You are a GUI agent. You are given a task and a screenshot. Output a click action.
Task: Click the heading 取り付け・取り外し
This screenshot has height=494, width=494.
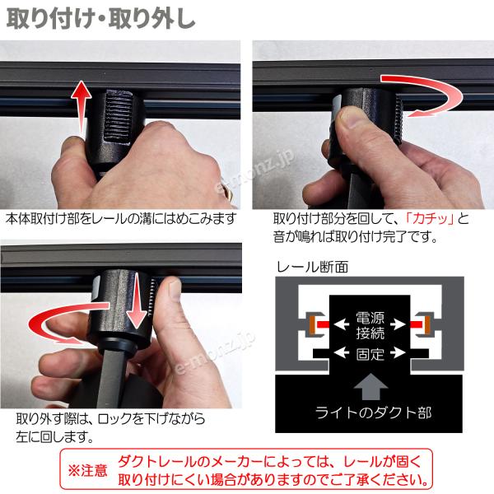pyautogui.click(x=100, y=20)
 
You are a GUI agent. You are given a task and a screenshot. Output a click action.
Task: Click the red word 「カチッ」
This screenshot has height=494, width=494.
pyautogui.click(x=430, y=218)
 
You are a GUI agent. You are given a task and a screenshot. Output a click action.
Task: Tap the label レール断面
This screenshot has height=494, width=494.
pyautogui.click(x=312, y=267)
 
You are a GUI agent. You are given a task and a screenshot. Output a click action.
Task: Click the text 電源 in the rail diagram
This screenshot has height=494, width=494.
pyautogui.click(x=370, y=318)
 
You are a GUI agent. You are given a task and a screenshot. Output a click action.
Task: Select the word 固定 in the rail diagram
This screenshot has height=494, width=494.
pyautogui.click(x=370, y=354)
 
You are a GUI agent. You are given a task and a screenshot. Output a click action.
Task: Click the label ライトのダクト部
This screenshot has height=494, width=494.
pyautogui.click(x=373, y=412)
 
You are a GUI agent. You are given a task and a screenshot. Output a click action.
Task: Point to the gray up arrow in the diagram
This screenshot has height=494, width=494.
pyautogui.click(x=370, y=386)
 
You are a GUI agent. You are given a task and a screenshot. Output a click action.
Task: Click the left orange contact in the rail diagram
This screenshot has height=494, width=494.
pyautogui.click(x=312, y=324)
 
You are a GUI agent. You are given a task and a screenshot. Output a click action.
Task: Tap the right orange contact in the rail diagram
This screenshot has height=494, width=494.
pyautogui.click(x=427, y=324)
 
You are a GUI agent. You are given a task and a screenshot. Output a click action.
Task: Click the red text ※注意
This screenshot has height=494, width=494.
pyautogui.click(x=87, y=471)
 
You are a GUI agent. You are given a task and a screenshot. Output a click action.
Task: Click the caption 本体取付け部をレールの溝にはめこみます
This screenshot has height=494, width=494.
pyautogui.click(x=121, y=218)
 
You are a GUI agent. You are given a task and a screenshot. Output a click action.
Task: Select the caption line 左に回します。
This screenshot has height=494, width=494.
pyautogui.click(x=55, y=436)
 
